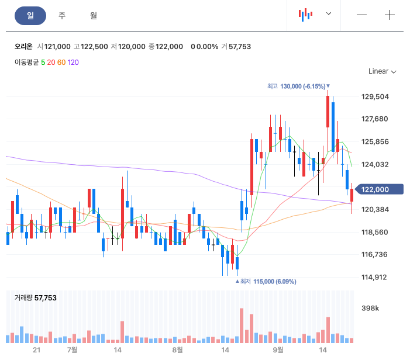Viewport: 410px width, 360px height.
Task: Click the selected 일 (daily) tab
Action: tap(30, 16)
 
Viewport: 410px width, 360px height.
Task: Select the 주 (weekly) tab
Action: tap(62, 16)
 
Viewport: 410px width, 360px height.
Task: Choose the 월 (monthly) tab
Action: tap(94, 16)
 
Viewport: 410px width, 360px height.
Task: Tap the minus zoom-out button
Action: tap(361, 15)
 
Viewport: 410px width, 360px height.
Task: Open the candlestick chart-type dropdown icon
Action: tap(306, 15)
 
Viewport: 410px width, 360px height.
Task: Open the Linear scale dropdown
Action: tap(383, 71)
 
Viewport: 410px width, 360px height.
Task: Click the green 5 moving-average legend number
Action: tap(43, 63)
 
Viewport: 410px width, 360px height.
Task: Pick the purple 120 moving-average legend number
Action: tap(73, 63)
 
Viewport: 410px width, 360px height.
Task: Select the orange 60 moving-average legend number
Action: tap(61, 63)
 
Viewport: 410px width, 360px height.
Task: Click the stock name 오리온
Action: tap(23, 47)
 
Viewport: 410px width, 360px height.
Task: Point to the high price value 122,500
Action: tap(94, 47)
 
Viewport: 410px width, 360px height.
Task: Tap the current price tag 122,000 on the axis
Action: tap(380, 189)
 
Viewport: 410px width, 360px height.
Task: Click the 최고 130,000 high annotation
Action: tap(298, 86)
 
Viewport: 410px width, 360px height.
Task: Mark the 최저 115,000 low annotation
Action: tap(266, 281)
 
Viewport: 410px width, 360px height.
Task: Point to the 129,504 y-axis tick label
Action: tap(375, 96)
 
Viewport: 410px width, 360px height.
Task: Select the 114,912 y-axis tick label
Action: tap(374, 277)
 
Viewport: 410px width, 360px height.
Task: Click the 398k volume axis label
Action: tap(370, 308)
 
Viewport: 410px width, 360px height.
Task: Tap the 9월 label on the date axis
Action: tap(278, 349)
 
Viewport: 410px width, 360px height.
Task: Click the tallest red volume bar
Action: tap(242, 326)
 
